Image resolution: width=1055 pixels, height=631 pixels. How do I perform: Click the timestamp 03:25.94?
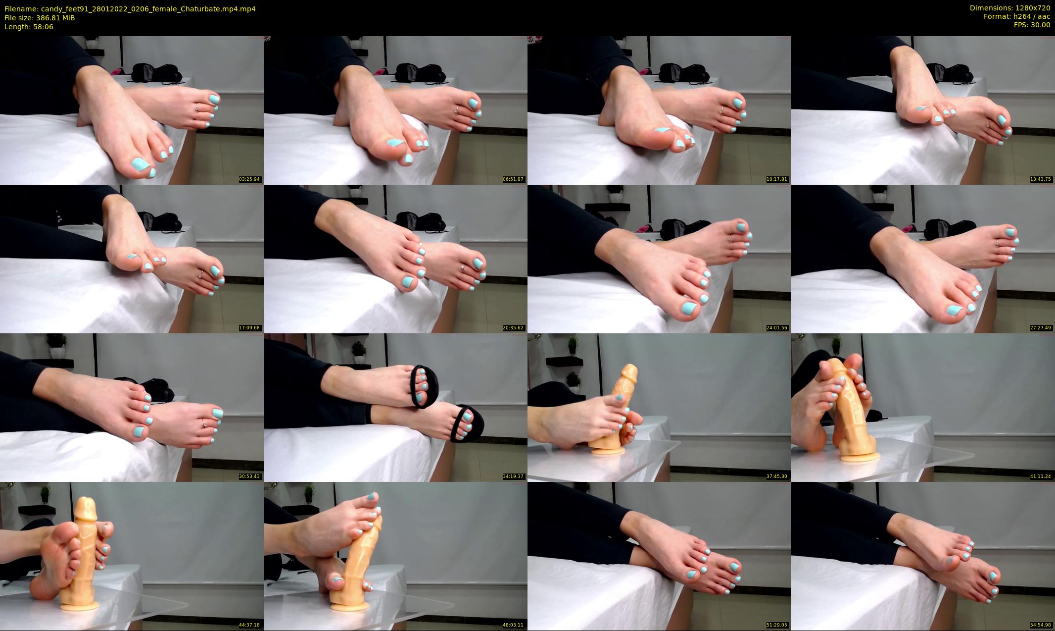point(249,179)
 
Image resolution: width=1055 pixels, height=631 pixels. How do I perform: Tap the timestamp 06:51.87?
point(513,179)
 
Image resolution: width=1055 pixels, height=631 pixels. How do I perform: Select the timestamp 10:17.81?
point(777,179)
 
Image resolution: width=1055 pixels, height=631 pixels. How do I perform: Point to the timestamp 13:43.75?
point(1041,179)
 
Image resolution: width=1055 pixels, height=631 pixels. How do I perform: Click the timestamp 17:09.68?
point(249,328)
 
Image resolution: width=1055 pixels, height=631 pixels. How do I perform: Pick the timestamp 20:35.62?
point(513,328)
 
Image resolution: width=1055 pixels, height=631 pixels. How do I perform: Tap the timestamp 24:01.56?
point(777,328)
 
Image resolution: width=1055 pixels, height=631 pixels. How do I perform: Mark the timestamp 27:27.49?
point(1041,328)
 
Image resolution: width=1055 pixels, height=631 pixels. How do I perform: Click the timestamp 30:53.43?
point(249,476)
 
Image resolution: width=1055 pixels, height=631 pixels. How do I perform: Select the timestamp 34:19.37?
point(513,476)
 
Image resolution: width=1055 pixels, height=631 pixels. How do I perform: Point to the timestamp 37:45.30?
point(777,476)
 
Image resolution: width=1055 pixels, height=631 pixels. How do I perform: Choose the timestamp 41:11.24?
point(1041,476)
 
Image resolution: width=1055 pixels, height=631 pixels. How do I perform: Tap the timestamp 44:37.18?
point(249,625)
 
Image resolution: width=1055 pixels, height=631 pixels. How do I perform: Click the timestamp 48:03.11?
point(513,625)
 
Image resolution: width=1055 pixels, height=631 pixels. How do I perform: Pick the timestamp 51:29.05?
point(777,625)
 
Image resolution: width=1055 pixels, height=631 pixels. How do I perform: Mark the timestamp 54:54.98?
point(1041,625)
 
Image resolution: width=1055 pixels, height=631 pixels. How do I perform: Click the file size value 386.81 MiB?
point(56,18)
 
